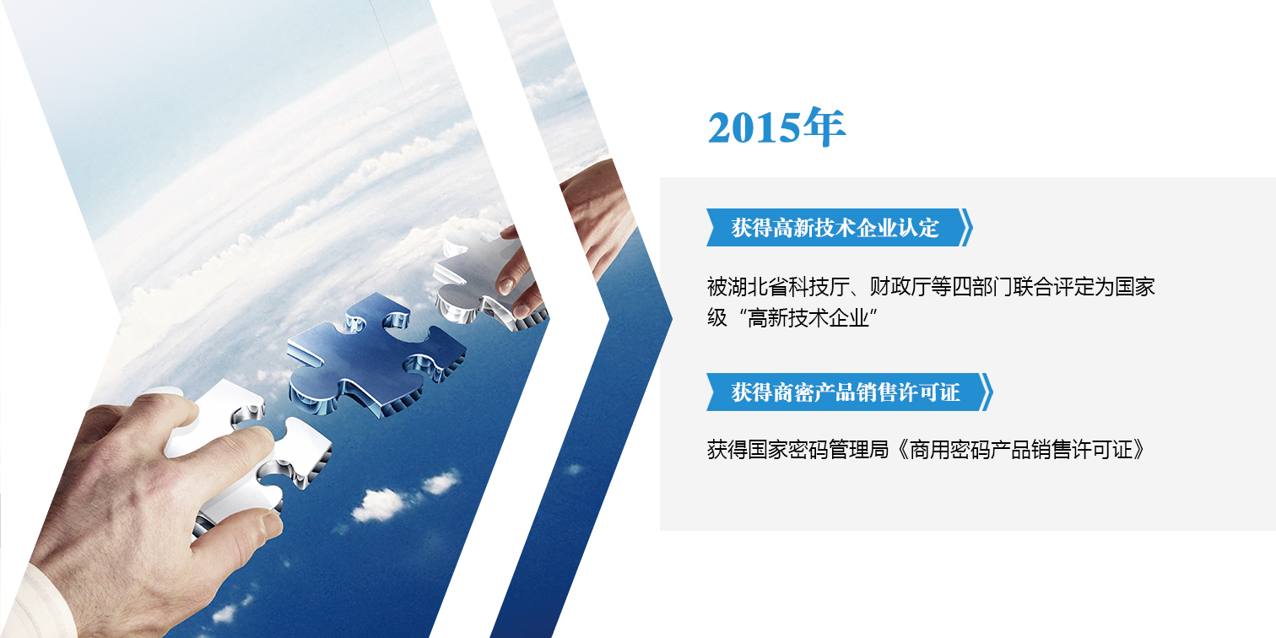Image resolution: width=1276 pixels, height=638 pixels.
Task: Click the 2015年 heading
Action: pos(776,127)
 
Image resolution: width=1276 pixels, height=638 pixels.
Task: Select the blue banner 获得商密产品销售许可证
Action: pos(849,392)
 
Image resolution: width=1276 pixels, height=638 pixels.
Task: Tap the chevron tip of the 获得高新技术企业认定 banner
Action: pos(972,227)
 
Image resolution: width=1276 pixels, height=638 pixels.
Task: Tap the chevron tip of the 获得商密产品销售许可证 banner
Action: pos(992,392)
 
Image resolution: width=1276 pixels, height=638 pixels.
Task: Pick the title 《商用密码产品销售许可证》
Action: pos(1019,450)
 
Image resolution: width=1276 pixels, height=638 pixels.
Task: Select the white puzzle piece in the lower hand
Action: pos(245,450)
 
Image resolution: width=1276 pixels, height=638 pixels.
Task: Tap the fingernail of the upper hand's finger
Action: pos(505,284)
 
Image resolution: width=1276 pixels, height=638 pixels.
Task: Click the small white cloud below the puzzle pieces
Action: pos(379,506)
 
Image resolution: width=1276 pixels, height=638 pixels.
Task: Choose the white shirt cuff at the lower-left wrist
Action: pos(37,604)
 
